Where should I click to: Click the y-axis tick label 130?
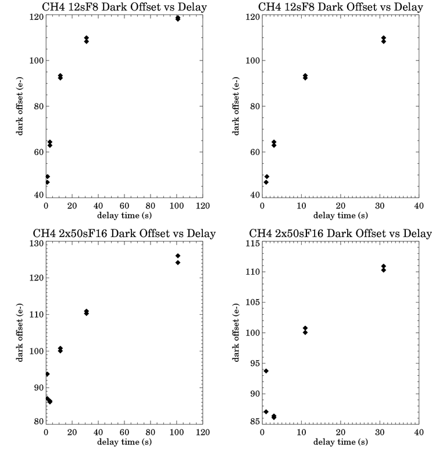point(37,243)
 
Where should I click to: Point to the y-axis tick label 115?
point(253,243)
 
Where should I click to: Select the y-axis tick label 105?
point(253,302)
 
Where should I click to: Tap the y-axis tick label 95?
point(255,363)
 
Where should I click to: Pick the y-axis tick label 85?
point(255,422)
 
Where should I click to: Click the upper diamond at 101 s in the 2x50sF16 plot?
point(178,256)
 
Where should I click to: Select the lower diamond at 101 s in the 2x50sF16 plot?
point(178,263)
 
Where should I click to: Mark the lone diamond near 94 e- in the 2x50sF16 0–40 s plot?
point(266,371)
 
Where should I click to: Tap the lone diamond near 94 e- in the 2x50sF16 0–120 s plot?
point(48,374)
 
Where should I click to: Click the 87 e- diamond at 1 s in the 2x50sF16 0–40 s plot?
point(266,412)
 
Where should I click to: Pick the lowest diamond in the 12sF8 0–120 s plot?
point(48,182)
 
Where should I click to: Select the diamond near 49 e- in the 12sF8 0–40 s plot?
point(267,177)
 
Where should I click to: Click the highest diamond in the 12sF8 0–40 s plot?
point(383,38)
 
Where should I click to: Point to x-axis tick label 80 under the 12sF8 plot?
point(151,206)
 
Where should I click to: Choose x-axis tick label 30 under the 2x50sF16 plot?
point(380,432)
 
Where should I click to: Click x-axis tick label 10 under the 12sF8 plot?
point(301,206)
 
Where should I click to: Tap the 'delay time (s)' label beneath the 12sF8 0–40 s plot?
point(341,215)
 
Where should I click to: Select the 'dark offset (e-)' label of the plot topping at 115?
point(236,333)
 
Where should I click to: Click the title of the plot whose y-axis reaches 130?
point(124,233)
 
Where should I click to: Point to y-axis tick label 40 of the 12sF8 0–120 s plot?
point(39,195)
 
